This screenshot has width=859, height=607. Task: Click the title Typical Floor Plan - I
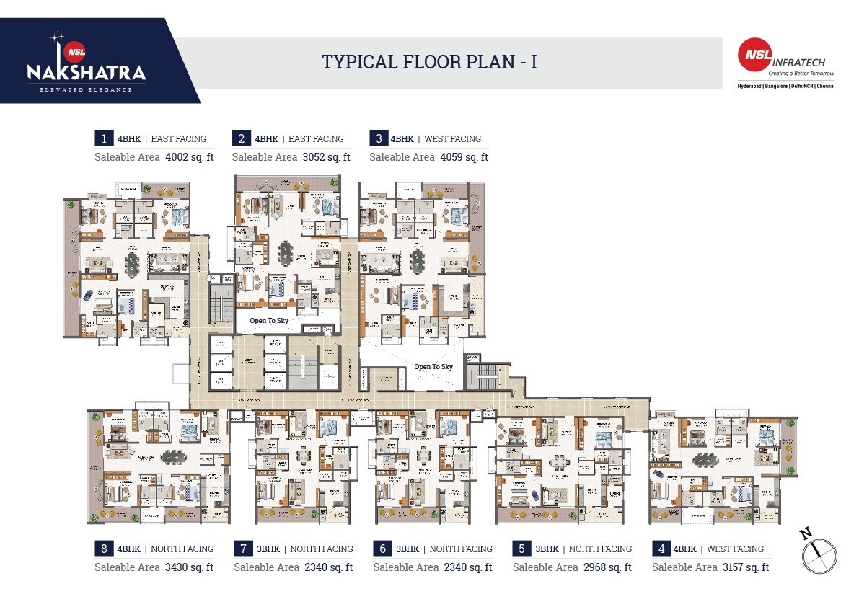pyautogui.click(x=429, y=62)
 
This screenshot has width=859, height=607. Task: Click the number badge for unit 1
pyautogui.click(x=104, y=139)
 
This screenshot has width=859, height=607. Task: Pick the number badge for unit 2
pyautogui.click(x=241, y=139)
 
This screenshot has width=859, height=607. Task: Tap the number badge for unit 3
pyautogui.click(x=378, y=139)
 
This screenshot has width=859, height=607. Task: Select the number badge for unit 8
pyautogui.click(x=104, y=549)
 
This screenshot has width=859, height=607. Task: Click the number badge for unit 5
pyautogui.click(x=521, y=549)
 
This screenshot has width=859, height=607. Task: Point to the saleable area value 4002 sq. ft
pyautogui.click(x=189, y=157)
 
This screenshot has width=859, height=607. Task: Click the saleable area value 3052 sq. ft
pyautogui.click(x=326, y=157)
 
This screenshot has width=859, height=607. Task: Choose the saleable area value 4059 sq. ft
pyautogui.click(x=464, y=157)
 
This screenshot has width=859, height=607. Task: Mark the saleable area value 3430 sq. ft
pyautogui.click(x=189, y=567)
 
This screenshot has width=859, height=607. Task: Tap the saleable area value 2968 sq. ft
pyautogui.click(x=607, y=567)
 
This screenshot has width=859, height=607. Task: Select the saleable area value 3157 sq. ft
pyautogui.click(x=746, y=567)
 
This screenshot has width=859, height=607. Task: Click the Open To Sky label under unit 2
pyautogui.click(x=269, y=320)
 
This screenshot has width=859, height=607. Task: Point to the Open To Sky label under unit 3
pyautogui.click(x=433, y=367)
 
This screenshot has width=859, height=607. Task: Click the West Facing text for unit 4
pyautogui.click(x=735, y=549)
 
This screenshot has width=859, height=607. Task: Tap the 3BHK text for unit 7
pyautogui.click(x=268, y=549)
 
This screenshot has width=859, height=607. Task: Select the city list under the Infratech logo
pyautogui.click(x=785, y=86)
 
